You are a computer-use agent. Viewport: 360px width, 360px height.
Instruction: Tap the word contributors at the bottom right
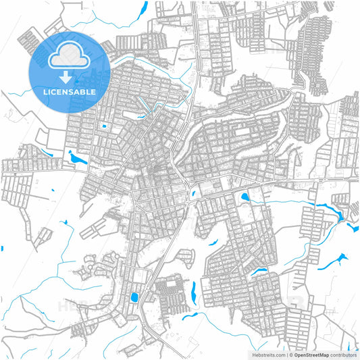pos(343,354)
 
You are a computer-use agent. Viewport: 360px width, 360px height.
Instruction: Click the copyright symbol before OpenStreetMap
pos(291,354)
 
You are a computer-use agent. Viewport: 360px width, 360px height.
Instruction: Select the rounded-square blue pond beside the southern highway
pos(132,297)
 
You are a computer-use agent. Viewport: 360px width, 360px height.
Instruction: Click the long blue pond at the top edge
pos(143,11)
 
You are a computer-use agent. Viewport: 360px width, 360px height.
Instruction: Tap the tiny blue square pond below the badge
pos(104,126)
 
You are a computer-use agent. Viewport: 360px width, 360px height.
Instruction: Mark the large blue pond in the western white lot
pos(78,159)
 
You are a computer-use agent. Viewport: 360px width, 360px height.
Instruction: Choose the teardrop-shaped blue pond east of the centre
pos(244,197)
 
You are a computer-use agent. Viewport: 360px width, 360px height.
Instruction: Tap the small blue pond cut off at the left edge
pos(2,249)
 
